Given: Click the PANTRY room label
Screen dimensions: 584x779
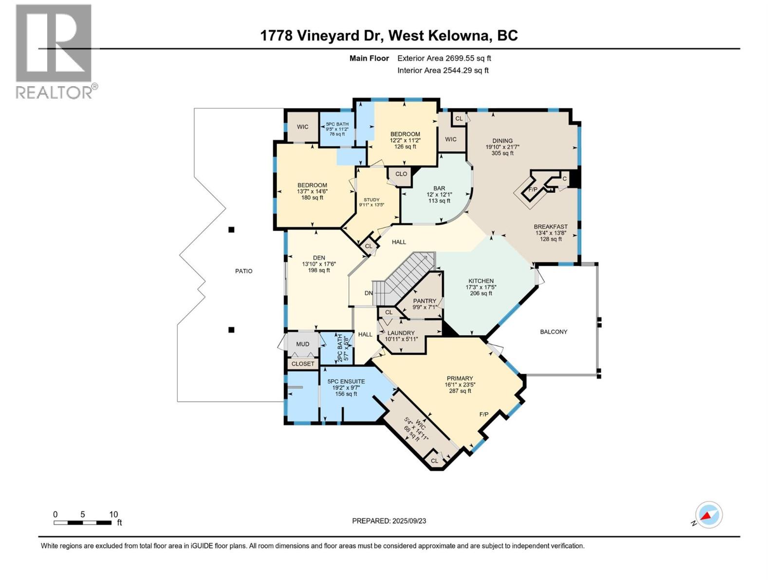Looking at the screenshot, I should (425, 301).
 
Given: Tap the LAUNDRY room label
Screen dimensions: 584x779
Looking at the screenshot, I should (401, 333).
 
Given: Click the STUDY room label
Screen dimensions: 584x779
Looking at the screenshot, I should (371, 200).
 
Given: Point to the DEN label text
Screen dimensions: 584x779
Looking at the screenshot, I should (319, 258).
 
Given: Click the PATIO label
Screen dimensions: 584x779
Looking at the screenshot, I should (244, 271).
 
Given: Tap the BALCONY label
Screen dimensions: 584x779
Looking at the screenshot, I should (554, 332).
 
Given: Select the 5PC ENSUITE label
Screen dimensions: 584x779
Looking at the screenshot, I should (346, 382).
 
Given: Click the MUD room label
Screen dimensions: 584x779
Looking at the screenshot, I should (303, 344).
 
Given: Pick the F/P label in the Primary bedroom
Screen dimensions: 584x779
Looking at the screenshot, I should (484, 415).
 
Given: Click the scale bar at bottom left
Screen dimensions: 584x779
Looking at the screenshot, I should (83, 523).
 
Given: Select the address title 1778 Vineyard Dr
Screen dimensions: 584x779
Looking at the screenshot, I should (389, 36).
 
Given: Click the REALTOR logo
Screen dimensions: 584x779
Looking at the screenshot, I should (54, 51).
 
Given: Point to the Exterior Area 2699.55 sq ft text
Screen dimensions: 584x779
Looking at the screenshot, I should (444, 58).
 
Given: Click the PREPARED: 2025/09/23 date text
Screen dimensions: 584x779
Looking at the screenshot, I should (389, 521).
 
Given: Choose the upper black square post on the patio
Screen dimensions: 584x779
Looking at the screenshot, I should (232, 230).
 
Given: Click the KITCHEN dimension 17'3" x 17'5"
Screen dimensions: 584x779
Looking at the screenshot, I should (481, 287).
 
